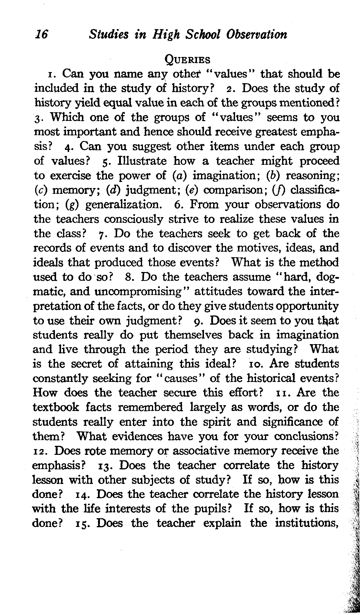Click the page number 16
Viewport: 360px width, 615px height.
(x=41, y=35)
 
